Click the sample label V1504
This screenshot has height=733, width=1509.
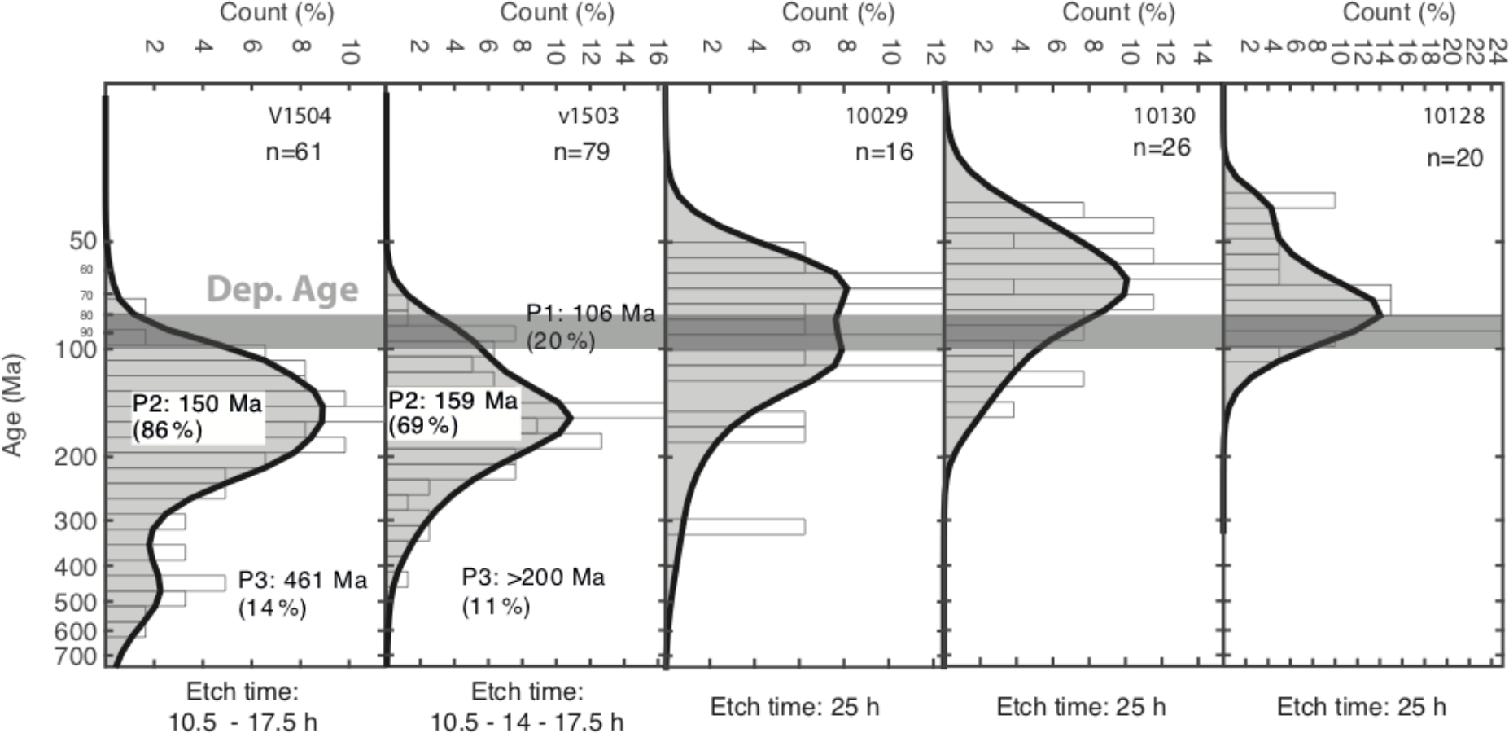pos(300,116)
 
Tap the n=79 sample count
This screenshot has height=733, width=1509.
pos(581,152)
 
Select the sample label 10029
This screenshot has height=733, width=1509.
pos(876,116)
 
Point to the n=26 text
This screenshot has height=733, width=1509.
pos(1161,147)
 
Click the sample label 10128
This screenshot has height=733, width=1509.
pos(1453,116)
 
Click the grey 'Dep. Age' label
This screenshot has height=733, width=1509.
pos(282,290)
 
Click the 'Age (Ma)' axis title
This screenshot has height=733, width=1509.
pos(13,404)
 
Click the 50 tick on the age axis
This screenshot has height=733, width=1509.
pos(84,241)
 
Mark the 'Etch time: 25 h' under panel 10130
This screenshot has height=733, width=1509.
pos(1081,706)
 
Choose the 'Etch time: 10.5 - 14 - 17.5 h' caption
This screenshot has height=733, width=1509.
pos(527,707)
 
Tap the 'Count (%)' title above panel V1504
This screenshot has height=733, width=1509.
pos(277,13)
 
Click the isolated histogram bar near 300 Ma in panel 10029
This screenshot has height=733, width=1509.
pos(735,526)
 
